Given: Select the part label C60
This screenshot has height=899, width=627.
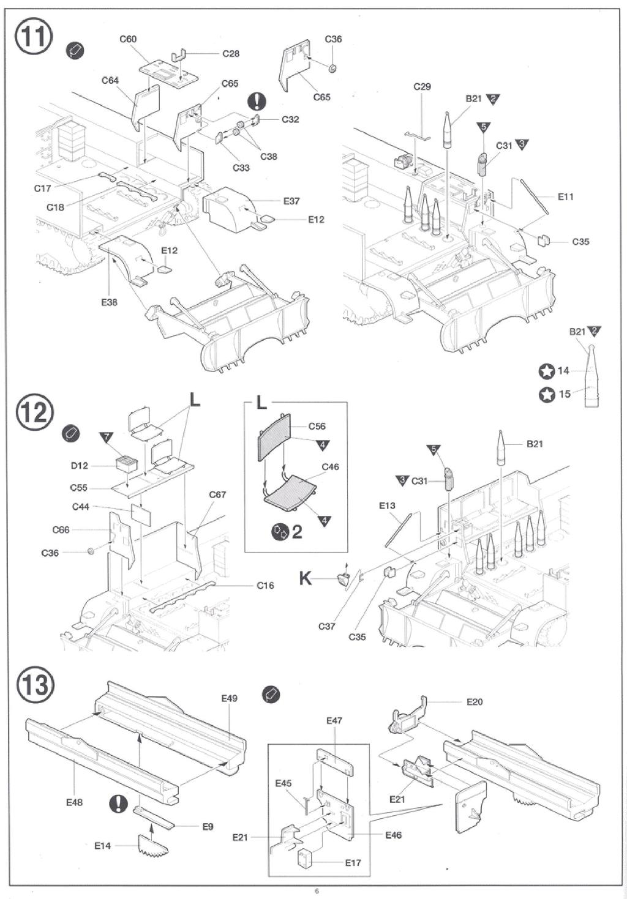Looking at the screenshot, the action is (x=128, y=39).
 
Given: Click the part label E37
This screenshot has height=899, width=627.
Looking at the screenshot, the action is (x=291, y=201).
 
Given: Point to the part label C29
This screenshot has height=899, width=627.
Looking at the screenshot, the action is (x=422, y=87).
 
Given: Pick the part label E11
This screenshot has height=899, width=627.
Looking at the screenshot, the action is (x=566, y=196).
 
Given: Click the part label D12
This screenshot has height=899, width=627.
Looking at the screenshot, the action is (x=79, y=466).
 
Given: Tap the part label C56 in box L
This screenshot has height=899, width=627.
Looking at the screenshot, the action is (x=317, y=426).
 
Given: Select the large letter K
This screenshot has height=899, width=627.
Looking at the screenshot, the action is (x=306, y=579).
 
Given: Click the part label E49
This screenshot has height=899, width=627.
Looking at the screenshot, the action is (x=230, y=698).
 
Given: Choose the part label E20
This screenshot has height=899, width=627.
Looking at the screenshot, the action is (x=475, y=701).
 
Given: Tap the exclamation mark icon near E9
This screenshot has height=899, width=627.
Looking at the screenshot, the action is (x=119, y=803).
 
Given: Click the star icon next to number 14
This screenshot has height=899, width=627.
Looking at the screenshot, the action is (x=546, y=371).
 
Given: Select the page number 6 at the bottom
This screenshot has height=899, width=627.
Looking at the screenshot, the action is (x=317, y=891).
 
